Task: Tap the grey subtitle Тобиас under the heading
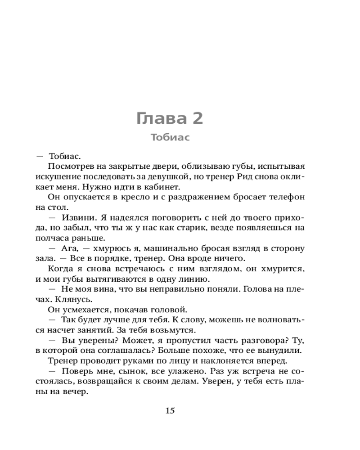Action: (x=170, y=138)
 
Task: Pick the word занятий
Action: (x=89, y=330)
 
